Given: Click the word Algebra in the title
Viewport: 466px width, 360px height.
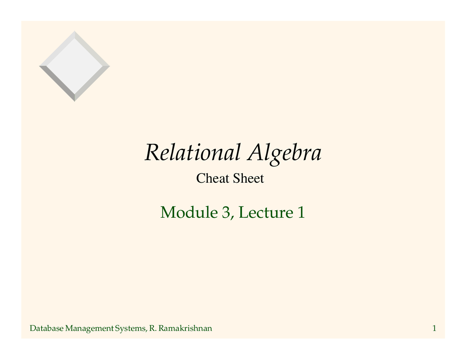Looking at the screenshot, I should click(284, 153).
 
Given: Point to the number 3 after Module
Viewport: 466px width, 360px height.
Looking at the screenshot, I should click(225, 213).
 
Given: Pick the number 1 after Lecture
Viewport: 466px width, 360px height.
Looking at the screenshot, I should click(301, 213).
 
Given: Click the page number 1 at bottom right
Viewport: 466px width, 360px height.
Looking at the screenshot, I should click(434, 329).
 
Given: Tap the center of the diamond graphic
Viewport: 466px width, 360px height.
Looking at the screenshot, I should click(75, 66).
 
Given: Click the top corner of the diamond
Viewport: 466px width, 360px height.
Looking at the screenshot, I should click(75, 32).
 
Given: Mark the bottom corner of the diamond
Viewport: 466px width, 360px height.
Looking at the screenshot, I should click(75, 101).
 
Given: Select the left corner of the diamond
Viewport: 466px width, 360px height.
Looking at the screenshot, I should click(40, 66).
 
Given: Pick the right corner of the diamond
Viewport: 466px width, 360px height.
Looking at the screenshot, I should click(109, 66).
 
